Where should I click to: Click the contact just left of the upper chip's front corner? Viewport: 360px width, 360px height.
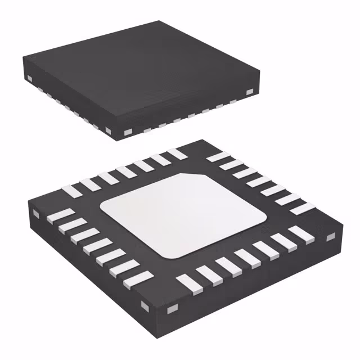tap(107, 130)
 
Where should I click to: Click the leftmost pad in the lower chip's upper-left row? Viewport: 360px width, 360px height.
tap(73, 190)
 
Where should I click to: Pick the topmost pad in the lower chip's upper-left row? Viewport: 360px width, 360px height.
tap(177, 153)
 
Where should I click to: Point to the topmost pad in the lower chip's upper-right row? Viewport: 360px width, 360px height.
tap(214, 157)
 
